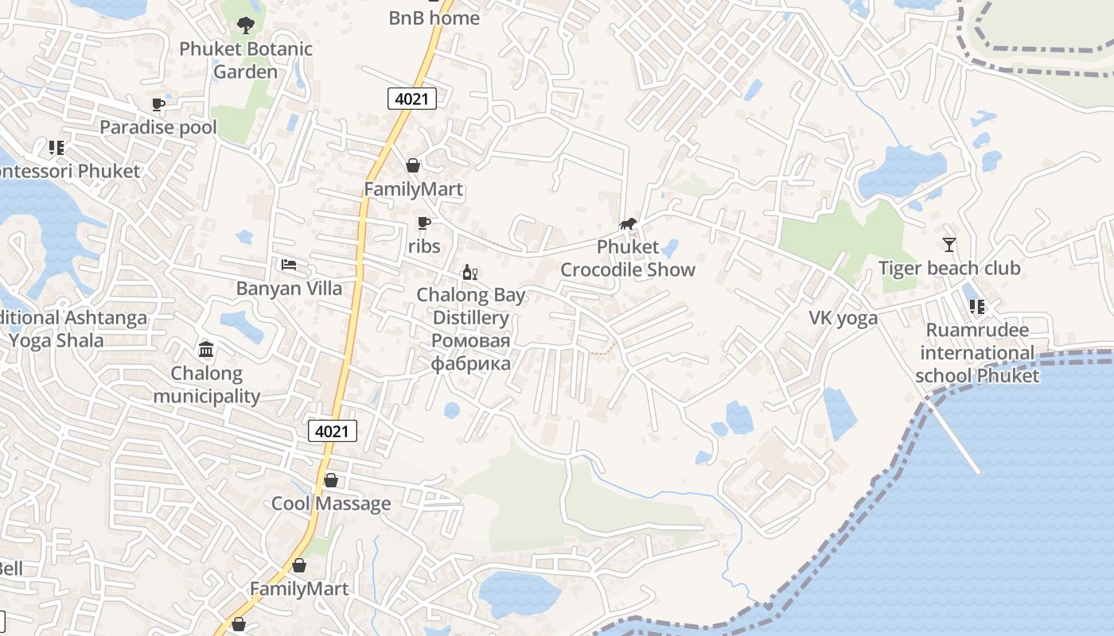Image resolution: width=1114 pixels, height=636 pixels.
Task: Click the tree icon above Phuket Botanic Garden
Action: click(x=245, y=25)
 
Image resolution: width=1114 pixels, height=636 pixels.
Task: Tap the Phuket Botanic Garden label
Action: click(x=246, y=60)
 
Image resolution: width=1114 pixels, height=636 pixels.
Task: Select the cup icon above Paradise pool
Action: click(x=158, y=104)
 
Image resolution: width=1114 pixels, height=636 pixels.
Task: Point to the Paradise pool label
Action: click(x=158, y=127)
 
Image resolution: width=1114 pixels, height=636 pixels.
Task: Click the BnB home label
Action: click(x=434, y=17)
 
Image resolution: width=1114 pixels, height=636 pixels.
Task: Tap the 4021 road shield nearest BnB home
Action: click(x=412, y=99)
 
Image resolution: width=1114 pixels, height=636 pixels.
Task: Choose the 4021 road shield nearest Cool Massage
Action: click(x=332, y=431)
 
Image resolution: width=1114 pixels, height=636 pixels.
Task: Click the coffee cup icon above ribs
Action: click(x=423, y=223)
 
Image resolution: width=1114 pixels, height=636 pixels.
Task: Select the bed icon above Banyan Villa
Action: click(x=289, y=265)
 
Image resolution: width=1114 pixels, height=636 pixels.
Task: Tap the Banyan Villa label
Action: click(x=289, y=288)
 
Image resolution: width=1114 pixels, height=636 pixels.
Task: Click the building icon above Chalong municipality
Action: click(x=206, y=349)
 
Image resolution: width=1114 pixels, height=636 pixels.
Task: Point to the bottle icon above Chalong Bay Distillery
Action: click(x=469, y=273)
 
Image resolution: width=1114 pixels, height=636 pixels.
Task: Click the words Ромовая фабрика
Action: click(x=470, y=352)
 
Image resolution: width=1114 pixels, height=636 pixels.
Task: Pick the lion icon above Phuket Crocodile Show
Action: click(x=628, y=223)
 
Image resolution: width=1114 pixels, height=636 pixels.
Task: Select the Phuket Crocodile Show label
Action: click(x=628, y=258)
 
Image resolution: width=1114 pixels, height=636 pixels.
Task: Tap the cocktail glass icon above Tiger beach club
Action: click(x=948, y=244)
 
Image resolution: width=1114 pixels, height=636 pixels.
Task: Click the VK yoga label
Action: click(x=843, y=318)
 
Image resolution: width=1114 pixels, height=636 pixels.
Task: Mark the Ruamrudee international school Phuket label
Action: click(x=977, y=353)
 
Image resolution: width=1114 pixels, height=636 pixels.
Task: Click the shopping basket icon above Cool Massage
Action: click(x=331, y=480)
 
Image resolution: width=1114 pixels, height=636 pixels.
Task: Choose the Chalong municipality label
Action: click(x=207, y=385)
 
